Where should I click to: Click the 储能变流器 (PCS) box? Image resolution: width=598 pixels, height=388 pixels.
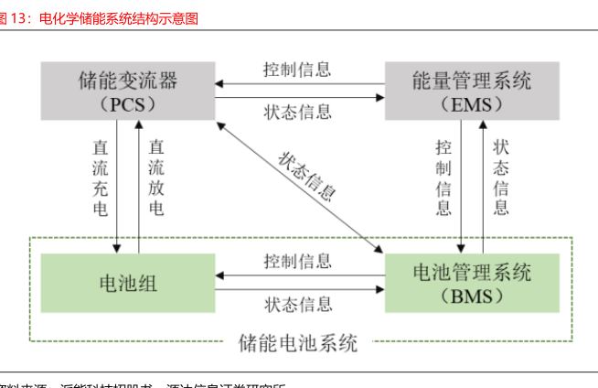[x=127, y=91]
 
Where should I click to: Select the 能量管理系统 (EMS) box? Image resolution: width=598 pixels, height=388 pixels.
[x=471, y=91]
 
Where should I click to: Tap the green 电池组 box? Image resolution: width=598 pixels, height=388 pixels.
[x=127, y=283]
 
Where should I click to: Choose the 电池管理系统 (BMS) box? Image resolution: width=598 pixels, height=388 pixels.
[x=471, y=283]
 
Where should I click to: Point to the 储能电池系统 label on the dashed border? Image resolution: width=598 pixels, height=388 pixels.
[x=299, y=344]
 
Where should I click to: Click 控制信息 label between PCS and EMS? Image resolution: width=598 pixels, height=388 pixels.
[x=297, y=70]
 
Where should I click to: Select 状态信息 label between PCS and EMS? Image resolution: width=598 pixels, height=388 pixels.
[x=297, y=112]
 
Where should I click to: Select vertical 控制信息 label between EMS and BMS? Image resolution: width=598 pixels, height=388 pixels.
[x=443, y=178]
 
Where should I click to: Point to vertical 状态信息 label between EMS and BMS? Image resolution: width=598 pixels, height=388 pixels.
[x=501, y=178]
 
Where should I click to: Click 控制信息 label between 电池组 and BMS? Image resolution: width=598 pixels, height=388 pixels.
[x=297, y=262]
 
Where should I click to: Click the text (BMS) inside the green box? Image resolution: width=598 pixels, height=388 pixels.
[x=471, y=295]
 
